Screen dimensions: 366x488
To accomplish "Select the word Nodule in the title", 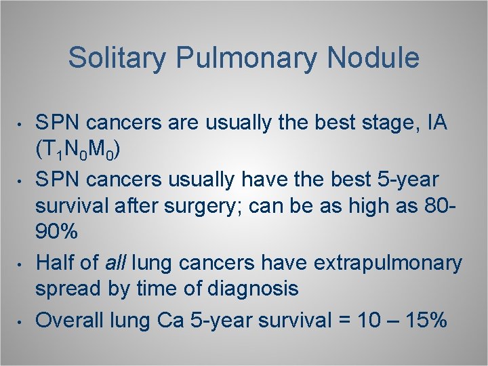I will click(373, 58).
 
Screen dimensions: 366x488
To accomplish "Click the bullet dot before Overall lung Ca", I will click(22, 321).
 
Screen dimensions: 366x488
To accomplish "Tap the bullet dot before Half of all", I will click(22, 264).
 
